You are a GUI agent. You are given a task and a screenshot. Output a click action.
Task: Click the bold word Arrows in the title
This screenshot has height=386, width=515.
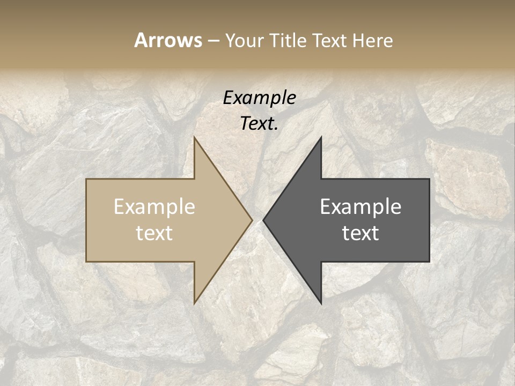(168, 40)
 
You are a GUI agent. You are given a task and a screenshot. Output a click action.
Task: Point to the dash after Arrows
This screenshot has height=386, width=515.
(213, 41)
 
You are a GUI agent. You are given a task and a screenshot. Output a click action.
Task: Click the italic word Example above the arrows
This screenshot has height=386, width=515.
(259, 98)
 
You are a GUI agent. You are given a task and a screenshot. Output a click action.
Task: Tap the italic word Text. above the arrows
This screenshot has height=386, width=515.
(259, 124)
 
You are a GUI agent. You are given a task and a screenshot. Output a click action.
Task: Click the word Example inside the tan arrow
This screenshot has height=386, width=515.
(154, 206)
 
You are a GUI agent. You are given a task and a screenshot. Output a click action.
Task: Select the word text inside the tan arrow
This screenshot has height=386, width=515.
(154, 233)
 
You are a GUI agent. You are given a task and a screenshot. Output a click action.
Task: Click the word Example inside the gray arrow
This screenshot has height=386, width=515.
(360, 206)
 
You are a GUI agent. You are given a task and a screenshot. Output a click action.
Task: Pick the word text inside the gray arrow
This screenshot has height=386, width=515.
(360, 233)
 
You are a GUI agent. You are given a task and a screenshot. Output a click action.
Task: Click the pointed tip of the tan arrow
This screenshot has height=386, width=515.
(252, 220)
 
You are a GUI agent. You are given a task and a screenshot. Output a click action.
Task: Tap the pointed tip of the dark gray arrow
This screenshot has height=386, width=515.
(263, 220)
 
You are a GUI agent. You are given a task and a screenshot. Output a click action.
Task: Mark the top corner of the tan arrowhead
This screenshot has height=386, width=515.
(194, 138)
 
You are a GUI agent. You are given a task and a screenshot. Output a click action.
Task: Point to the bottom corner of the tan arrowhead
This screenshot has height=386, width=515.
(194, 303)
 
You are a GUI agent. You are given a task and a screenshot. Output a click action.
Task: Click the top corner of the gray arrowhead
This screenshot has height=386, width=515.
(321, 138)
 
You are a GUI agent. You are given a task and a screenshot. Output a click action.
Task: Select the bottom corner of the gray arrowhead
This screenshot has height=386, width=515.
(321, 303)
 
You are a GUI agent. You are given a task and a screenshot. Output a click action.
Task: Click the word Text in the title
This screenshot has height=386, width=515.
(331, 40)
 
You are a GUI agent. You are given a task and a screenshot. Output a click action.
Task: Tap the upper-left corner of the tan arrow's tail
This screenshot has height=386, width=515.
(87, 179)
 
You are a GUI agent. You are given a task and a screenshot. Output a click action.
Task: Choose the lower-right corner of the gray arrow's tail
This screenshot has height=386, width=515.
(429, 261)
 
